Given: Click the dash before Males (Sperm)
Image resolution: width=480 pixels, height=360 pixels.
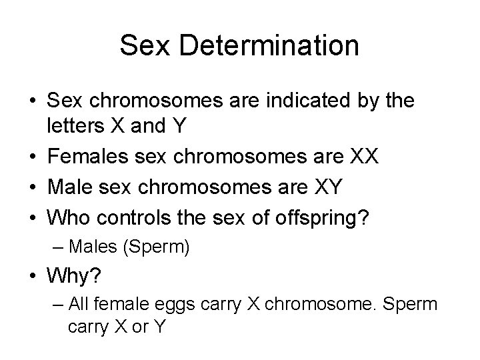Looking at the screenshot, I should click(55, 249).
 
